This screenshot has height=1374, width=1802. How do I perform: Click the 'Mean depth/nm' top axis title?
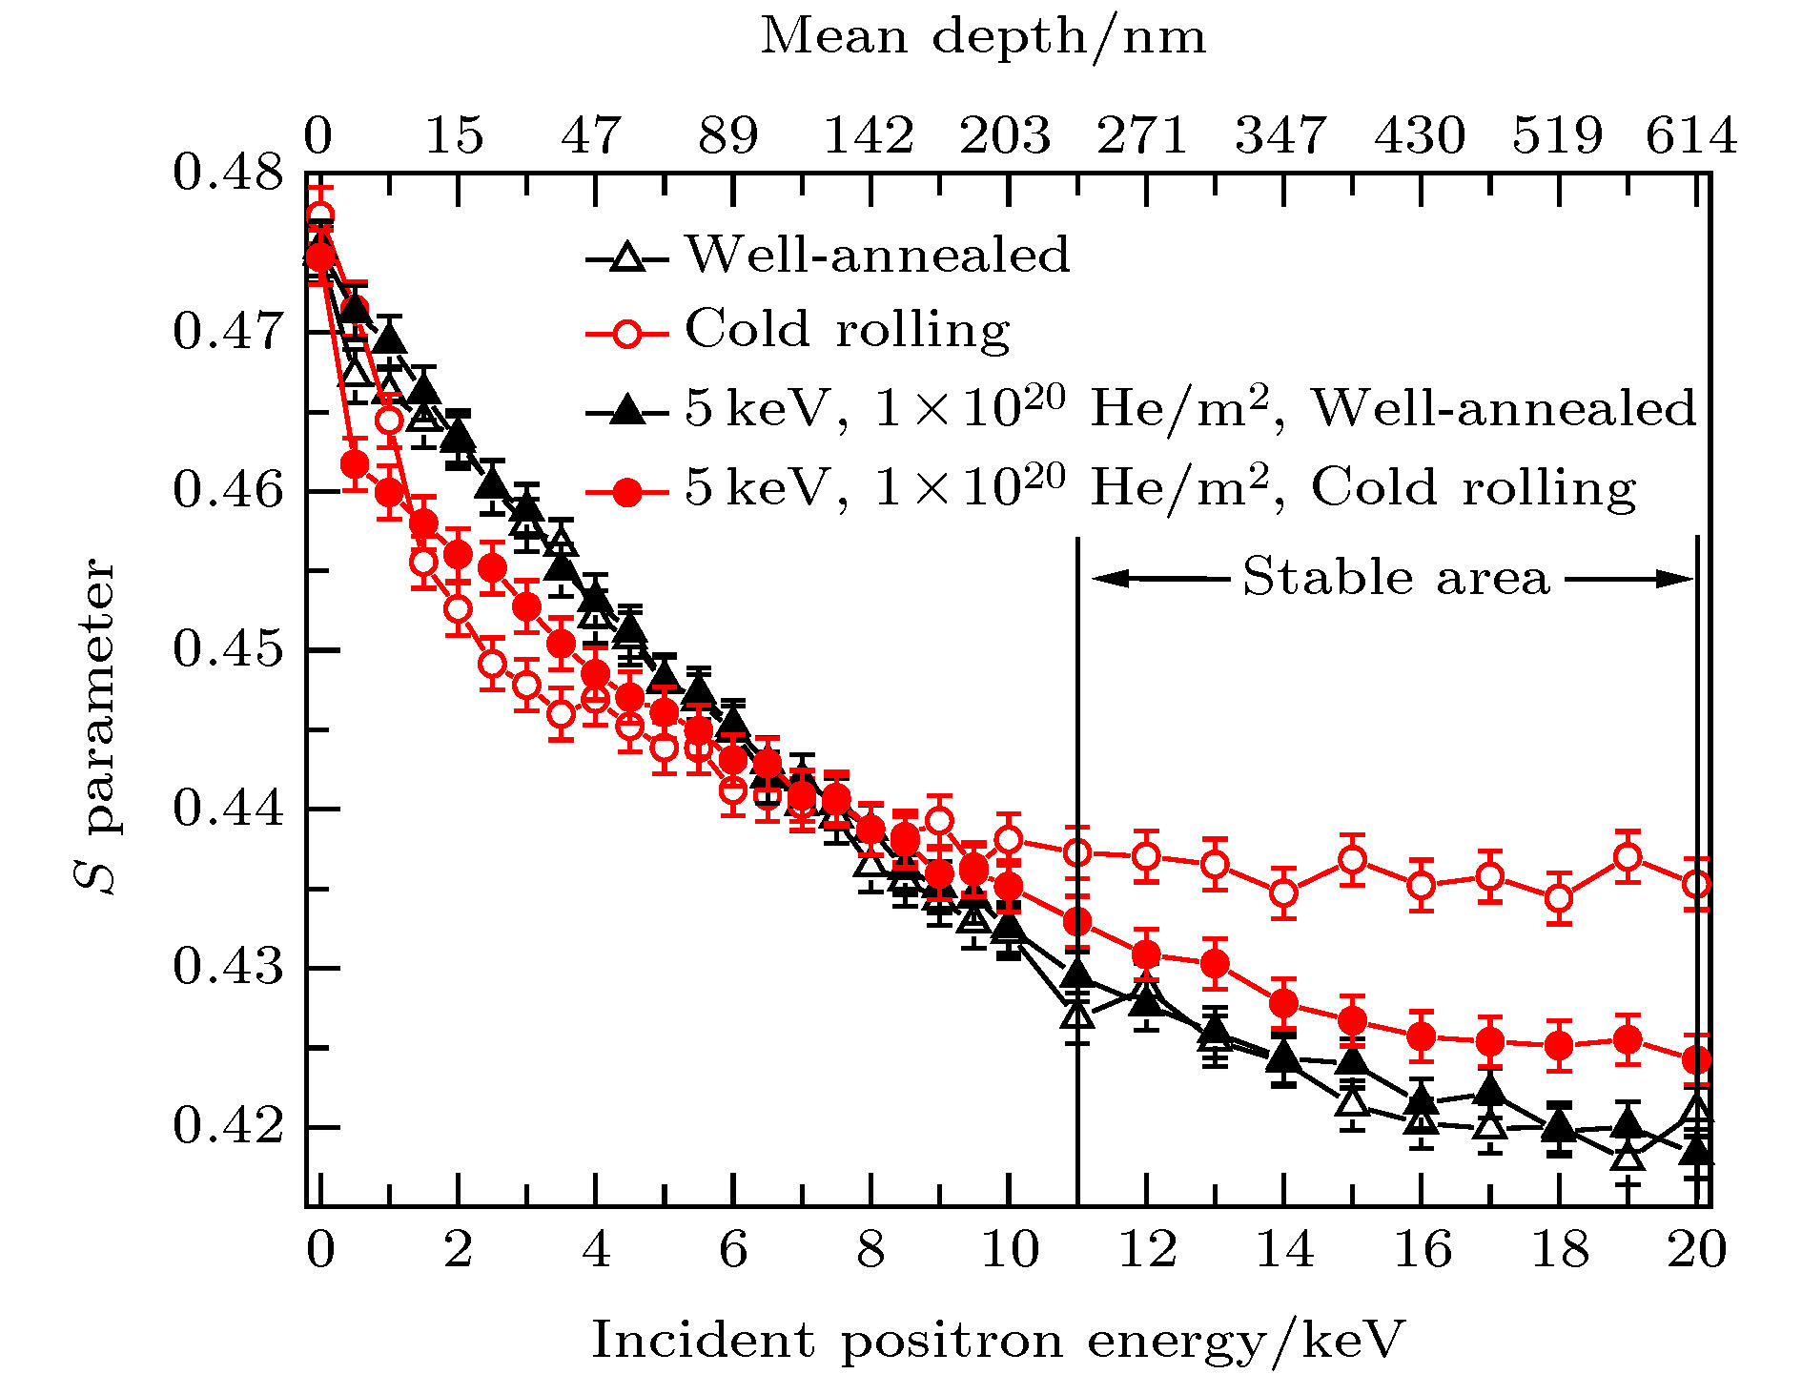click(x=983, y=38)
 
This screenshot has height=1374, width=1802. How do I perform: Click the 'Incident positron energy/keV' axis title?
click(x=997, y=1340)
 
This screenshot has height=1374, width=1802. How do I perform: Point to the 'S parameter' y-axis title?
click(x=95, y=725)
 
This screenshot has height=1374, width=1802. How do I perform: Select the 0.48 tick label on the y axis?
click(x=215, y=174)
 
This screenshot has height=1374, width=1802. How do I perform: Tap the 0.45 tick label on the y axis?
click(x=215, y=650)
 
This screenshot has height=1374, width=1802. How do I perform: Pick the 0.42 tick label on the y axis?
click(x=215, y=1126)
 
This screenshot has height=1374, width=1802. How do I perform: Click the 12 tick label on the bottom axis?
click(x=1147, y=1249)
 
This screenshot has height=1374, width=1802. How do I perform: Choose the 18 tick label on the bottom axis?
click(x=1560, y=1249)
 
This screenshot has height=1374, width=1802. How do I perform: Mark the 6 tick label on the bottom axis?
click(x=733, y=1249)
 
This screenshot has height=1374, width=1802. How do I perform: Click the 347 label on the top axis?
click(x=1280, y=135)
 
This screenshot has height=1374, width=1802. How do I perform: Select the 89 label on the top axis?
click(x=728, y=135)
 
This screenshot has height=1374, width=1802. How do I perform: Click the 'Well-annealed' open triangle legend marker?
click(x=626, y=256)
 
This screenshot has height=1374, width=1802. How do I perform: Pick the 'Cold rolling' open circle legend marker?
click(x=626, y=333)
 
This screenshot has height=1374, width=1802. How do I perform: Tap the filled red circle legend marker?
click(x=626, y=491)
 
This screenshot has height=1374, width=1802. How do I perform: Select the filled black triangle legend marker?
click(x=626, y=411)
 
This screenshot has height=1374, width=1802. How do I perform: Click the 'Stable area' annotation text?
click(x=1396, y=578)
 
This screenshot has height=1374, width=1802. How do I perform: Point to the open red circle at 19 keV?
click(x=1628, y=857)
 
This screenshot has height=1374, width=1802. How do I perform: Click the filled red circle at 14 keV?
click(x=1284, y=1003)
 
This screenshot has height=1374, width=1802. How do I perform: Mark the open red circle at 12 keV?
click(x=1147, y=856)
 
